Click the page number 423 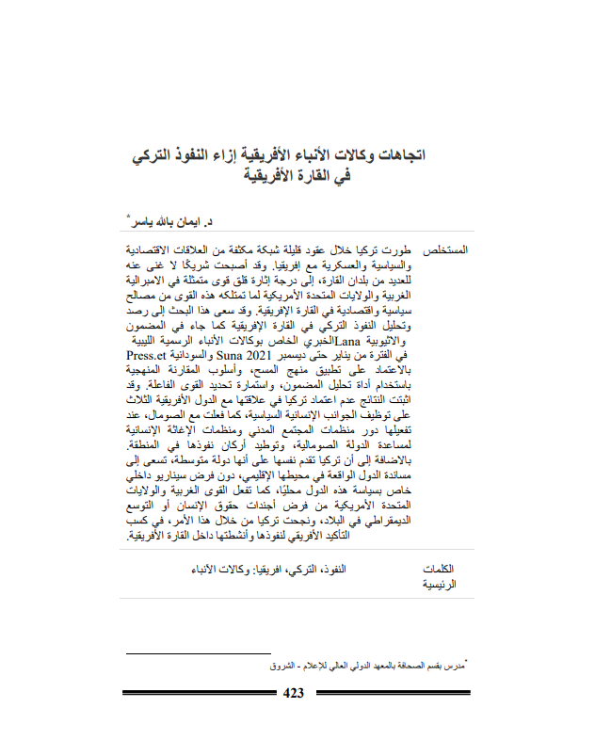[x=294, y=694]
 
